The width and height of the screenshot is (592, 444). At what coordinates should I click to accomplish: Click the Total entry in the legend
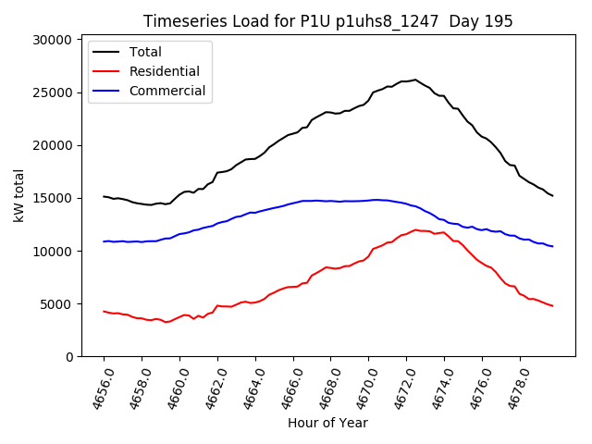[146, 52]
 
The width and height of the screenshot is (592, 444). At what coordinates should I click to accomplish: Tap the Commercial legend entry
[167, 91]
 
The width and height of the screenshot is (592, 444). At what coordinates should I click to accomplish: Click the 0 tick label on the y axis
[67, 356]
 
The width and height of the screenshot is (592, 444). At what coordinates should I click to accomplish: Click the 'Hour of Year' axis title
[327, 424]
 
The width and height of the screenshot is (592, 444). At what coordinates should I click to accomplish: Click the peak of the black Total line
[415, 80]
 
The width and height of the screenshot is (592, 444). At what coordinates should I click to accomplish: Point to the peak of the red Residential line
[415, 229]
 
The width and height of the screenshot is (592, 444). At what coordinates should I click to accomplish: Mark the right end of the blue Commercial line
[552, 246]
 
